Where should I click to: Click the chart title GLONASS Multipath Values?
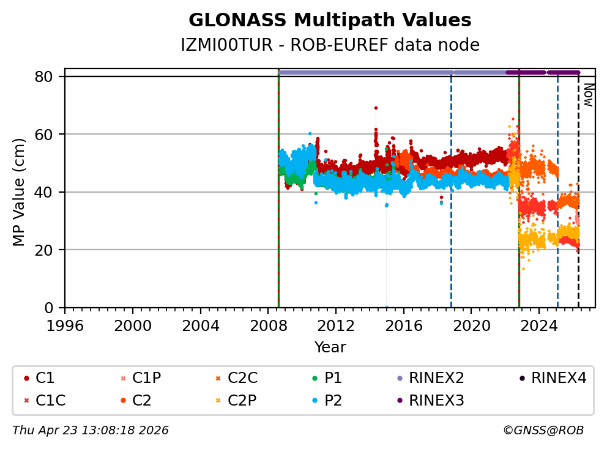(x=330, y=20)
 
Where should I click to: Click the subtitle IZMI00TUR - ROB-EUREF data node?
(x=330, y=45)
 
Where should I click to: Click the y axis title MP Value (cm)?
(x=20, y=192)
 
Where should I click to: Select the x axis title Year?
(x=330, y=347)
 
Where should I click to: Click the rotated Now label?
(x=588, y=95)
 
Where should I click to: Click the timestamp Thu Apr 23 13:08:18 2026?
(x=91, y=431)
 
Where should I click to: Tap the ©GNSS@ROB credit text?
(x=543, y=431)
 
